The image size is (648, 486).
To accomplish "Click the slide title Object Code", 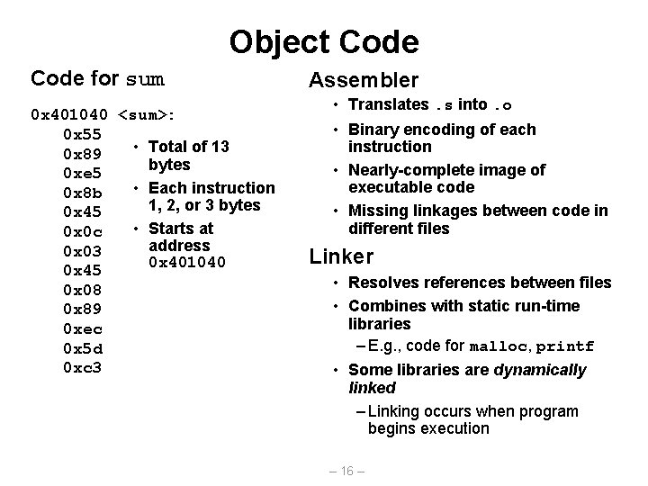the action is (324, 41).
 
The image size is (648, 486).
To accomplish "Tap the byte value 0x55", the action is (82, 134).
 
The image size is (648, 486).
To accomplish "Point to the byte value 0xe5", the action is (82, 172).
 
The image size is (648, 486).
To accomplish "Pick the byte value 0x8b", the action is (82, 192).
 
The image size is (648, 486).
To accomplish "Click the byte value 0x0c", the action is (82, 231).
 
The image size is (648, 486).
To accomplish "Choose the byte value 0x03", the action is (82, 250).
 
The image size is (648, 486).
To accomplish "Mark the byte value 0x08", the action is (82, 290).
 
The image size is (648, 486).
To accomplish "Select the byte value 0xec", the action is (82, 328).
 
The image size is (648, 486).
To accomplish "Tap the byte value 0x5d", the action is (82, 348).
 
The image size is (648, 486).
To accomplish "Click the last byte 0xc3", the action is (82, 367).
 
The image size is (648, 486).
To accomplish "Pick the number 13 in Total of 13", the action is (220, 147).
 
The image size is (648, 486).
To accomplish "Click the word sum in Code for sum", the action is (146, 79).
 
